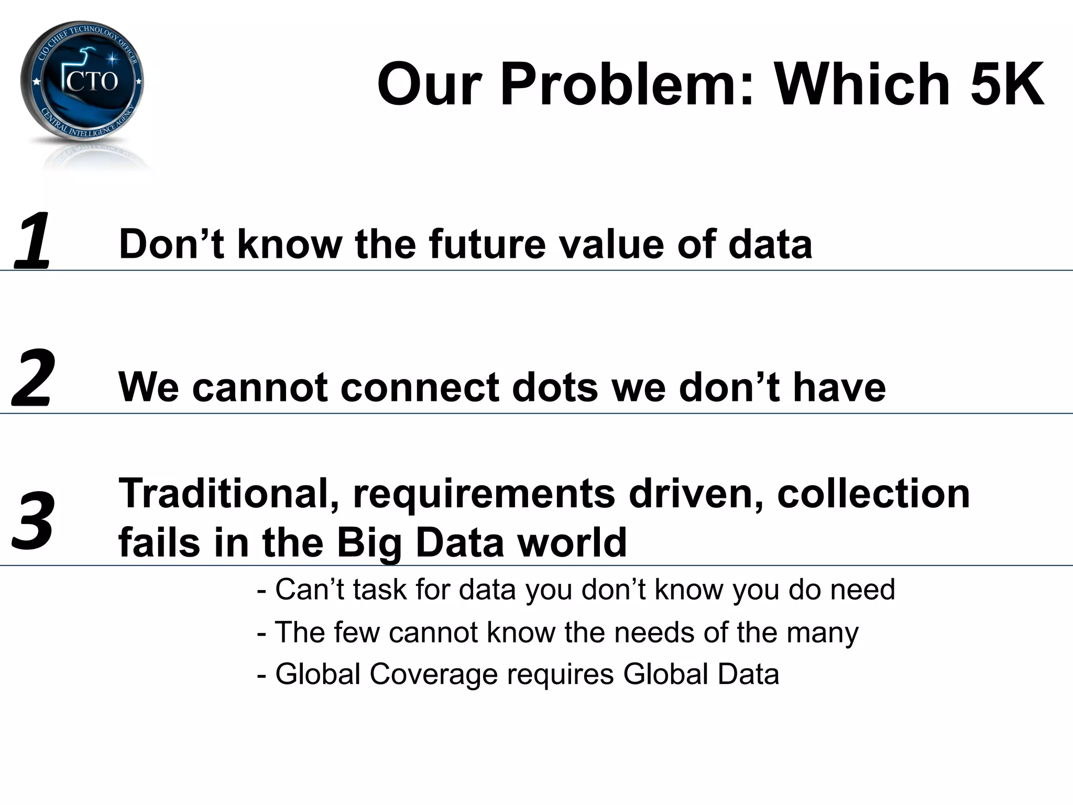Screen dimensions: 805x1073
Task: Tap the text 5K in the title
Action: point(1006,84)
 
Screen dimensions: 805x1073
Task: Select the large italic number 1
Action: point(32,241)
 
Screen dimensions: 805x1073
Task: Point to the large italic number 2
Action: point(32,378)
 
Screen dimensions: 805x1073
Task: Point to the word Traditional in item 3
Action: point(228,494)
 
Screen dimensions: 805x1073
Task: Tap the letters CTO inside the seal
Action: point(92,81)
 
